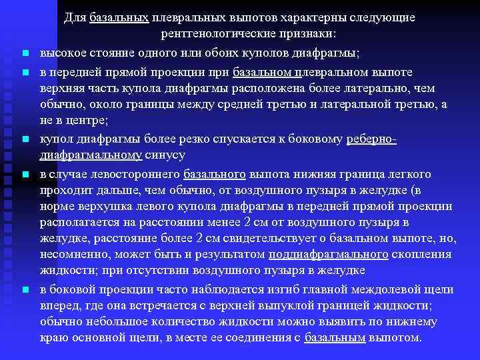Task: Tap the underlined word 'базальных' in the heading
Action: click(x=119, y=17)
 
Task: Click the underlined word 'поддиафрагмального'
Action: click(x=328, y=255)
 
